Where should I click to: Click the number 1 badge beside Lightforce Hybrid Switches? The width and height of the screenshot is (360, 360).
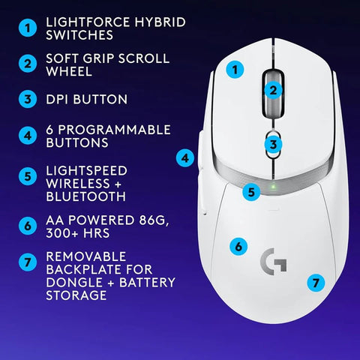click(27, 28)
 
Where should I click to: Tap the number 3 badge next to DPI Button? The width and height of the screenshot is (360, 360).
click(27, 99)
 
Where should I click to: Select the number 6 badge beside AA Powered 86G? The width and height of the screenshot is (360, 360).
click(27, 224)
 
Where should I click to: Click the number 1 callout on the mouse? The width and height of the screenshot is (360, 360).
click(236, 70)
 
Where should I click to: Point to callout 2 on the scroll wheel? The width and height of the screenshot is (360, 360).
click(274, 90)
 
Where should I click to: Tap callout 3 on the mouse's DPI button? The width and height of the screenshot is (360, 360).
click(274, 144)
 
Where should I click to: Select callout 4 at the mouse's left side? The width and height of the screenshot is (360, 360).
click(185, 157)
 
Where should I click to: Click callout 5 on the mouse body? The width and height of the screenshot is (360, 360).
click(253, 192)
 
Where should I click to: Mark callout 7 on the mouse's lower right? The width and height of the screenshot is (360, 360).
click(316, 283)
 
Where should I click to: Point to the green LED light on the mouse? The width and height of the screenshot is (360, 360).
click(274, 186)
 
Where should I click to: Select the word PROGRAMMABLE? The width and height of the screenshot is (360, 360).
click(118, 130)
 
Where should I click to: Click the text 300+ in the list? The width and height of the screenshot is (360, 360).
click(63, 236)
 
